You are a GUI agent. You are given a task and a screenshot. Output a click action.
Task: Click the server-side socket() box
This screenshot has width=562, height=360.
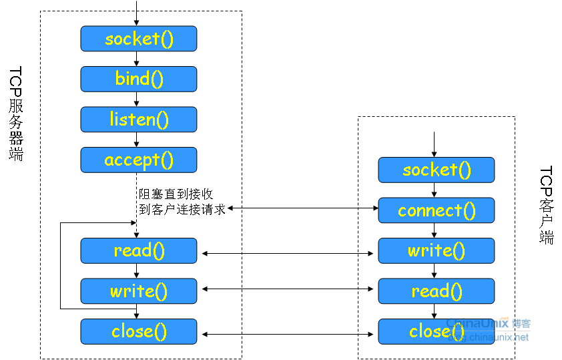tap(139, 39)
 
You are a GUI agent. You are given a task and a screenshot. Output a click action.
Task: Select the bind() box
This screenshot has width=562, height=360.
tap(139, 79)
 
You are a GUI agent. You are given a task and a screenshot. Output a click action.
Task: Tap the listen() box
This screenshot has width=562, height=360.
tap(139, 120)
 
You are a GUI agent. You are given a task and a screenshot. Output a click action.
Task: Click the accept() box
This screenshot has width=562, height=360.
tap(139, 160)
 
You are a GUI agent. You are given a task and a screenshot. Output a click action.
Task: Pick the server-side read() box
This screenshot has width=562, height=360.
tap(139, 250)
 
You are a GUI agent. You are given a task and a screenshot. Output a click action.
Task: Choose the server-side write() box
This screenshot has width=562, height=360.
tap(139, 291)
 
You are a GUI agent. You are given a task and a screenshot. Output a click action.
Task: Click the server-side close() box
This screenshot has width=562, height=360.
tap(139, 331)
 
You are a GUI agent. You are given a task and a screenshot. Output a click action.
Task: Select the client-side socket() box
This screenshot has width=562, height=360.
tap(437, 170)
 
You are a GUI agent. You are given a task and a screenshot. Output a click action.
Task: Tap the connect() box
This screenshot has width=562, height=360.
tap(437, 210)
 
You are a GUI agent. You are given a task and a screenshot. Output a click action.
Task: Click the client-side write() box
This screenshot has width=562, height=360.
tap(437, 250)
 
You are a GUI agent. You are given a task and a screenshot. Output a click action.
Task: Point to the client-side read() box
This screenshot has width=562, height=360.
tap(437, 291)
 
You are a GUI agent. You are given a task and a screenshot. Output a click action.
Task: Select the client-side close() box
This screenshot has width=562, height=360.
tap(437, 331)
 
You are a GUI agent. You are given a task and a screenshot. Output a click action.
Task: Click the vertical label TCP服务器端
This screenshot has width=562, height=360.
tap(16, 114)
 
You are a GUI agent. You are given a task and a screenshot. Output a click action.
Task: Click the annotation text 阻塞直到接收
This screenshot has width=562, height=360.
tap(176, 194)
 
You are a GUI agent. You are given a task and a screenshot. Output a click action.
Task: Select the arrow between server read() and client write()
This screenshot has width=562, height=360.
tap(288, 253)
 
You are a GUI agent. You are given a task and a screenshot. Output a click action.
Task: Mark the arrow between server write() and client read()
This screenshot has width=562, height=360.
tap(288, 289)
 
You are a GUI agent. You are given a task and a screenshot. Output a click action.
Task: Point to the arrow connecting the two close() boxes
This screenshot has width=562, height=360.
tap(288, 334)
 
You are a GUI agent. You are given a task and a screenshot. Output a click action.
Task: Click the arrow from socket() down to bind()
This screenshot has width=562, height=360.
tap(137, 59)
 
